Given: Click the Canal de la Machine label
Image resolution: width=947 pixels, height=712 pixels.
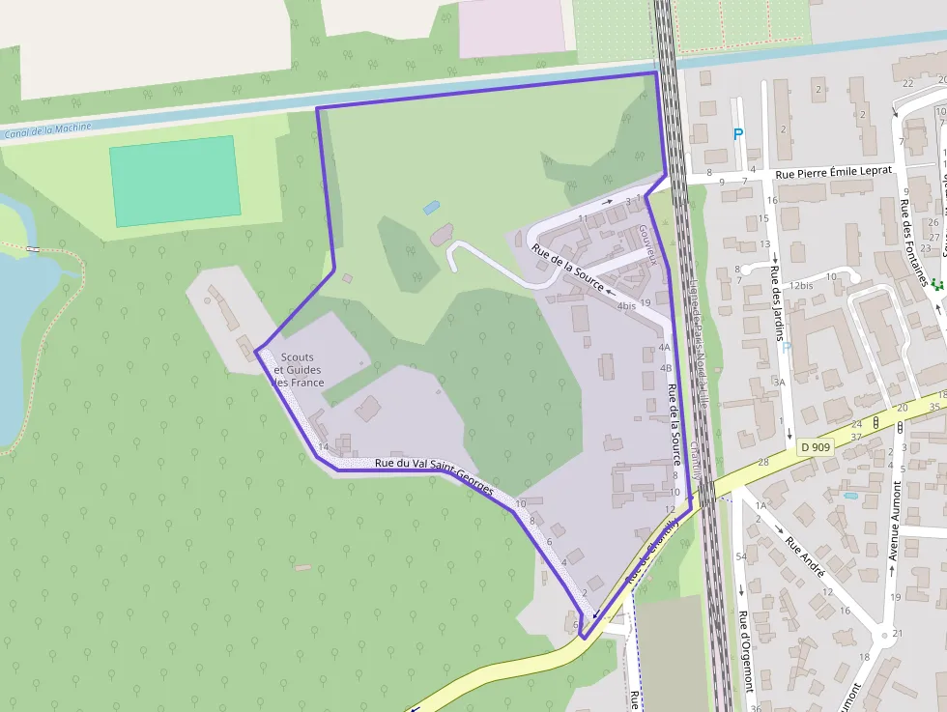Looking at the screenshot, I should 47,129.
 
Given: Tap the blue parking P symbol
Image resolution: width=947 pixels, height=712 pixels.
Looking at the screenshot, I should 739,135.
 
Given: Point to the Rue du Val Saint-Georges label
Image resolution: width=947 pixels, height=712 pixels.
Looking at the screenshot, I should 434,470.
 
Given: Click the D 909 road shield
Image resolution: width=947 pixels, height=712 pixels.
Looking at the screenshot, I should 816,447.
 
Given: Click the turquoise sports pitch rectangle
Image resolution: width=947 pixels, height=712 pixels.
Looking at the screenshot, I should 174,181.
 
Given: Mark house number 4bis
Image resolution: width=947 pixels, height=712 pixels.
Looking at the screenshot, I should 626,306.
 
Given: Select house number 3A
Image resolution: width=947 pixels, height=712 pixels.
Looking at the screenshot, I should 779,383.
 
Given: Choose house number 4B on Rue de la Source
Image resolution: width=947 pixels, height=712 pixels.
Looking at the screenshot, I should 665,368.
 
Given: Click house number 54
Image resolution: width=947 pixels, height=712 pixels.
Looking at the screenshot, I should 741,557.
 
